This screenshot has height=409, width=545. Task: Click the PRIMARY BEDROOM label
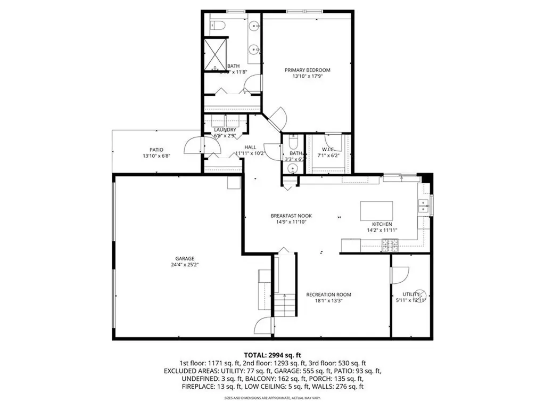307,70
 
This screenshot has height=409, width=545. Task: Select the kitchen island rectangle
377,210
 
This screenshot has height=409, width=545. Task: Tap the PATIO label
156,150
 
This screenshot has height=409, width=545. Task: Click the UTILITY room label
411,294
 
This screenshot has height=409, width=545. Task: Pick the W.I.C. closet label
328,149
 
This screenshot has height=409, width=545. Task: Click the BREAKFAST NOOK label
291,216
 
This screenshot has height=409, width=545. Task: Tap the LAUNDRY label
225,130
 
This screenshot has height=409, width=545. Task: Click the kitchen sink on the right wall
424,206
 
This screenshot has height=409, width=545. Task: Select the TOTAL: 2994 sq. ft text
272,354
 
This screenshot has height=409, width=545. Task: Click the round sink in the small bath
291,168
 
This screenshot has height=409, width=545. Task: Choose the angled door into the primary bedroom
277,119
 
